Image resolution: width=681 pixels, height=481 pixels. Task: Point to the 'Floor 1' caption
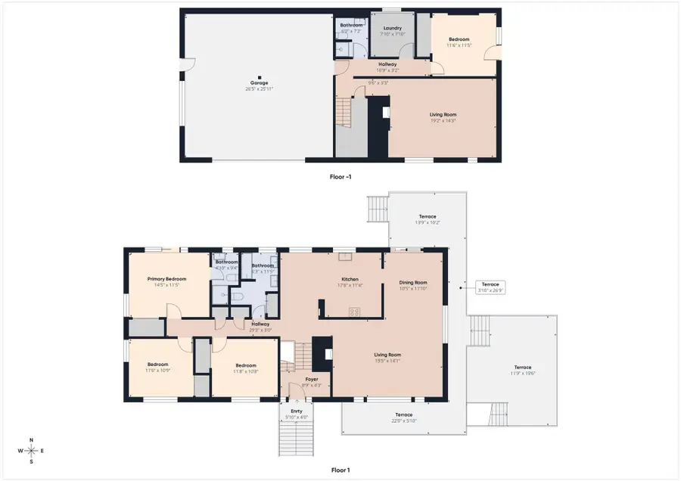pyautogui.click(x=340, y=470)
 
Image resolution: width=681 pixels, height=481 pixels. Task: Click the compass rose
pyautogui.click(x=31, y=451)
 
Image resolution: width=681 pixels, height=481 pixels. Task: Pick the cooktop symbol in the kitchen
pyautogui.click(x=353, y=311)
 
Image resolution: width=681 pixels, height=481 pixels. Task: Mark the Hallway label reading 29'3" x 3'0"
pyautogui.click(x=260, y=326)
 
